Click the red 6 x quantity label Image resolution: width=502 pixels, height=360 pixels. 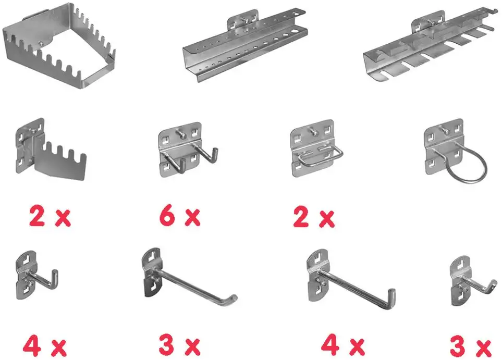tap(179, 216)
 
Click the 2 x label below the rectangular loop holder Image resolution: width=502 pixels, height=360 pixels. tap(313, 218)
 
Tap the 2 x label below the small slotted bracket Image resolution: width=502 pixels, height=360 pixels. tap(50, 217)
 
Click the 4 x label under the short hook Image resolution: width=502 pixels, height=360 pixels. tap(45, 345)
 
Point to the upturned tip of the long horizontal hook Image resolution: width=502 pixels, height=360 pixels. tap(232, 299)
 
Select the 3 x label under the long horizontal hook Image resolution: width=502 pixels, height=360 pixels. tap(179, 345)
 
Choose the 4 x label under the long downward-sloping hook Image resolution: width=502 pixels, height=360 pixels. tap(342, 345)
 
